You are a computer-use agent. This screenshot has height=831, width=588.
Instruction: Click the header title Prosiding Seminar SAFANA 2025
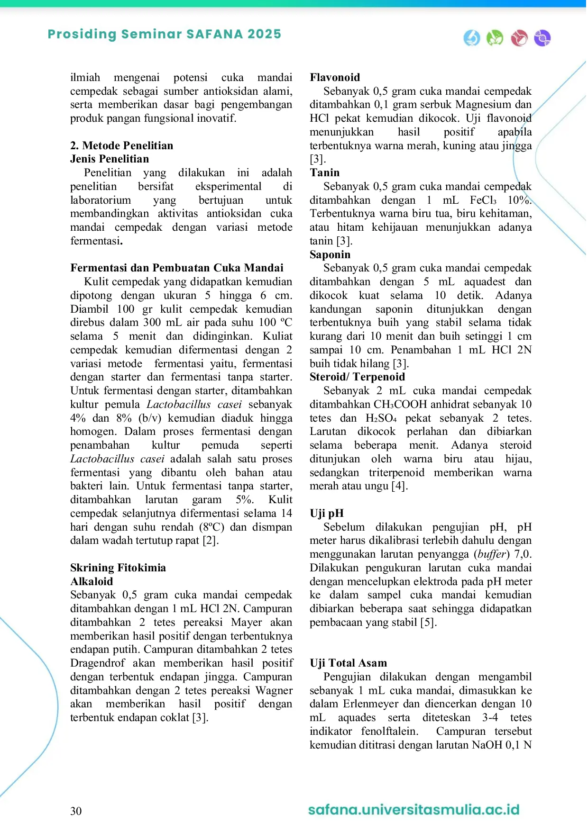coord(164,34)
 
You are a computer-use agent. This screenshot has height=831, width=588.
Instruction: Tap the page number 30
coord(76,811)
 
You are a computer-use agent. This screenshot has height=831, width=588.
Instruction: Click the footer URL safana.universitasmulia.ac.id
coord(413,809)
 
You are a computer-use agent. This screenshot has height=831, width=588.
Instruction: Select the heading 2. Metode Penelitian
coord(122,145)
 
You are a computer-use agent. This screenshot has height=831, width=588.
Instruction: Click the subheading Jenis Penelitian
coord(110,159)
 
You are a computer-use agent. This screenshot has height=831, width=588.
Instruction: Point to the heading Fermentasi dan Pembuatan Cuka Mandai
coord(177,268)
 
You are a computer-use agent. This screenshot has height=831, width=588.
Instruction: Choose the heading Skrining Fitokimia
coord(118,568)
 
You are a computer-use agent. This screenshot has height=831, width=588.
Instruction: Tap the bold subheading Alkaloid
coord(92,581)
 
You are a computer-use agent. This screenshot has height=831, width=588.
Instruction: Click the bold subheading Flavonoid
coord(335,77)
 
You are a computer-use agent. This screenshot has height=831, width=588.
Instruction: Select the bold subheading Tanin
coord(325,172)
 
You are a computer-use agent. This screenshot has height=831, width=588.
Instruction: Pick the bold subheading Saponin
coord(330,254)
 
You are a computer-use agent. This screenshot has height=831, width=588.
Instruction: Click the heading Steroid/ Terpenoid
coord(357,377)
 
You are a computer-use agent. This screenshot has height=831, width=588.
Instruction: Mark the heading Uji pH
coord(327,513)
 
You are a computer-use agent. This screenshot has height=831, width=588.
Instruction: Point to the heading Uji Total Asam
coord(348,663)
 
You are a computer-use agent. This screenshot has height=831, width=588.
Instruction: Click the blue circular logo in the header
coord(472,38)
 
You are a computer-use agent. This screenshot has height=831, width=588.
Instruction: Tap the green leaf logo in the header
coord(495,38)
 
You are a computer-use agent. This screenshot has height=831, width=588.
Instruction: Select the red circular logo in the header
coord(519,38)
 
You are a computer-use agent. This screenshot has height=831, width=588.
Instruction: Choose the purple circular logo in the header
coord(542,38)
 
